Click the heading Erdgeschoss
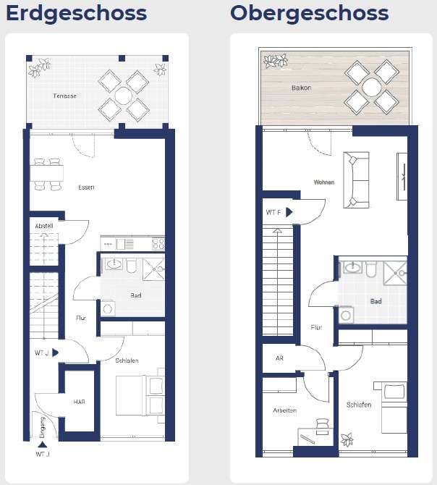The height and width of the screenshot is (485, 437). tap(76, 13)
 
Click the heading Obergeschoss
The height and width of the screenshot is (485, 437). tap(309, 13)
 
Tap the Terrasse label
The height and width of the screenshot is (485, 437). tap(64, 96)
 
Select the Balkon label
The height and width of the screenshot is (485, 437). tap(301, 88)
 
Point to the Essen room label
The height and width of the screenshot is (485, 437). tap(86, 187)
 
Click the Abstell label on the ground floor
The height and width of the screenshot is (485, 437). tap(44, 226)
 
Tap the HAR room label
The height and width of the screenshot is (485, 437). tap(79, 401)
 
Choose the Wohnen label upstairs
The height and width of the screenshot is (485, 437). tap(323, 182)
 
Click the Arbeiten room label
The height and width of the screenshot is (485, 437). tap(284, 410)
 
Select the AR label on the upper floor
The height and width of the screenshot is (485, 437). tap(279, 358)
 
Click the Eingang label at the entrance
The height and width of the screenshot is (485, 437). tap(43, 429)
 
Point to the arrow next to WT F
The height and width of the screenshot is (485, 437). tap(289, 213)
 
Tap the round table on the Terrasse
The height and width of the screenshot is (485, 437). tap(123, 96)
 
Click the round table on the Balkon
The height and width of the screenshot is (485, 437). tap(373, 88)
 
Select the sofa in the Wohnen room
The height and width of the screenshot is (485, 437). tap(355, 180)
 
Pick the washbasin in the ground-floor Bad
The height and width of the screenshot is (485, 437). tap(114, 266)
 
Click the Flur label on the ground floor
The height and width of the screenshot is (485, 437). tap(81, 318)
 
